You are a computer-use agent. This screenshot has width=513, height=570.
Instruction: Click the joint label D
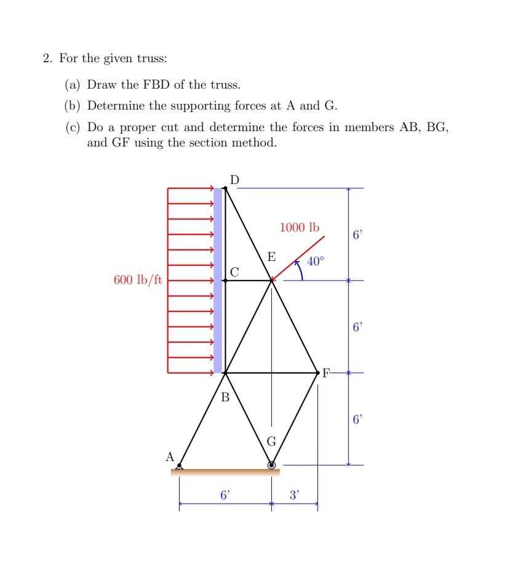pos(235,179)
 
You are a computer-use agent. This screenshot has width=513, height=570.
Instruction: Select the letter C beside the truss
pos(234,271)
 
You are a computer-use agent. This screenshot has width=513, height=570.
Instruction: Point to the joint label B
pos(225,398)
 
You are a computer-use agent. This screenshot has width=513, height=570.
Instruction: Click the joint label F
pos(326,373)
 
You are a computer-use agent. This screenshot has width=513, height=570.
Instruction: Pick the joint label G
pos(271,442)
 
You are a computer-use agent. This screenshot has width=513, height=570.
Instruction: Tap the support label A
pos(170,457)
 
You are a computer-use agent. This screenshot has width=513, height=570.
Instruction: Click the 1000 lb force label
pos(300,228)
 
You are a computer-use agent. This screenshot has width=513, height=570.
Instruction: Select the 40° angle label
pos(314,261)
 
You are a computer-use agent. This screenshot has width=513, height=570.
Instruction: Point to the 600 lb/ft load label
pos(138,280)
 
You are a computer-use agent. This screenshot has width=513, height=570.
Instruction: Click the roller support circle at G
pos(272,465)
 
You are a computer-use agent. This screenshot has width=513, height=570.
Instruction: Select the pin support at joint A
pos(179,467)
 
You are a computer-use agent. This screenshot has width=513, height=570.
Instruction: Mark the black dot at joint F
pos(317,373)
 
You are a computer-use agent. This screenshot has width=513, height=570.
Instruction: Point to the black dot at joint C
pos(225,281)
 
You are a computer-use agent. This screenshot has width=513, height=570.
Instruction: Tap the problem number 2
pos(47,59)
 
